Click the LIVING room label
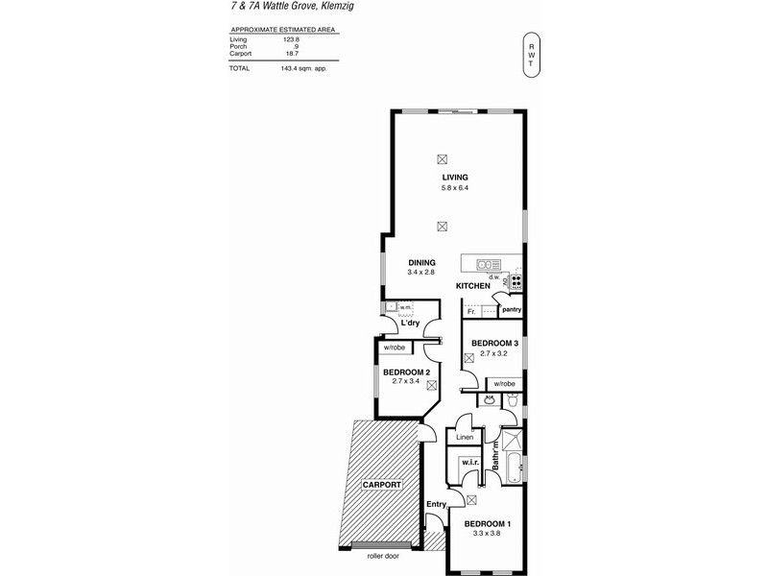click(x=454, y=179)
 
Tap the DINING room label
click(x=421, y=262)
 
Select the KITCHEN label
click(x=473, y=286)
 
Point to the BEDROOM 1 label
click(x=488, y=523)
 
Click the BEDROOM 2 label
click(x=405, y=372)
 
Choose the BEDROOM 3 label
click(x=493, y=344)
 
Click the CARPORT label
click(x=380, y=486)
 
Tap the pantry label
click(x=511, y=310)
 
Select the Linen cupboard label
click(x=465, y=438)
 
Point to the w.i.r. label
click(x=469, y=462)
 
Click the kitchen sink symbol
click(x=487, y=264)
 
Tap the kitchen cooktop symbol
click(x=516, y=282)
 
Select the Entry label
click(x=437, y=504)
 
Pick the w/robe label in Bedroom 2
click(x=395, y=348)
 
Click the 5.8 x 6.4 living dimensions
click(x=454, y=189)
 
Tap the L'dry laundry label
click(x=413, y=324)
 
